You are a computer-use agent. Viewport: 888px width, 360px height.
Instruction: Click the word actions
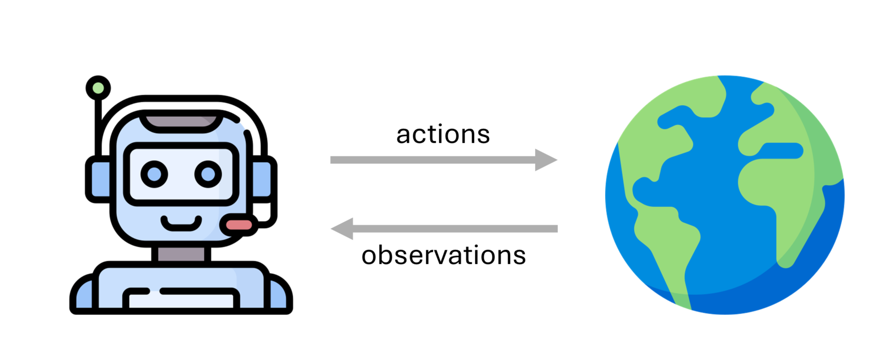443,135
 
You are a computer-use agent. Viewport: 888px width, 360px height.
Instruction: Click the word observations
443,255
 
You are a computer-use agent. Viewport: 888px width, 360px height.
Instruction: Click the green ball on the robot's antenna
98,88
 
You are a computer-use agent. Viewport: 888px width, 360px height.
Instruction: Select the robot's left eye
154,174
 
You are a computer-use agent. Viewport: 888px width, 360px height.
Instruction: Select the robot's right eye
208,174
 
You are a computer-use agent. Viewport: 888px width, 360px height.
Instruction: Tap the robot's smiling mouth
181,225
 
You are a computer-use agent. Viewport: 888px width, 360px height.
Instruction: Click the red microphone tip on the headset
239,225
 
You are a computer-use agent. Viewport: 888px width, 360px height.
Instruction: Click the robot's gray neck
181,254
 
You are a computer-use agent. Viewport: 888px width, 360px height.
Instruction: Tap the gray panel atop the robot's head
181,122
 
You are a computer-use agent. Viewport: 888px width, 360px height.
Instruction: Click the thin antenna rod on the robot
98,123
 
